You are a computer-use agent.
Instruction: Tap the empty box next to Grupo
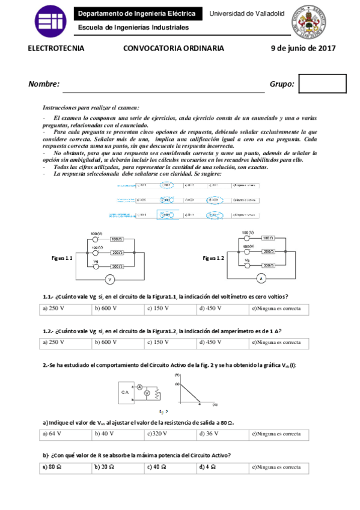[322, 84]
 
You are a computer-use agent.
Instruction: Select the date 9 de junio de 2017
[302, 49]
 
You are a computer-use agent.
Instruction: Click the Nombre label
[44, 84]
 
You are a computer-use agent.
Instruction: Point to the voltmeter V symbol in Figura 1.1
[109, 279]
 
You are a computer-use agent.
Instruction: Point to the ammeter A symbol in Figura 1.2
[261, 278]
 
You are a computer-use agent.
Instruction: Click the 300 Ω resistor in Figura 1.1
[117, 265]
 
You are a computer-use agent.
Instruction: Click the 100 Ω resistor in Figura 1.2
[269, 238]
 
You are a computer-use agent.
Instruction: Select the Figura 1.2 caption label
[213, 257]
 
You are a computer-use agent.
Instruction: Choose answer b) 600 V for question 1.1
[106, 309]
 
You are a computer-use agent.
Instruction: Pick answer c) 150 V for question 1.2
[158, 342]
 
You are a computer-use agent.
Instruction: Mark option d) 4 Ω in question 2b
[208, 467]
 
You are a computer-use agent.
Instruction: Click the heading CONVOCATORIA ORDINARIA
[174, 49]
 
